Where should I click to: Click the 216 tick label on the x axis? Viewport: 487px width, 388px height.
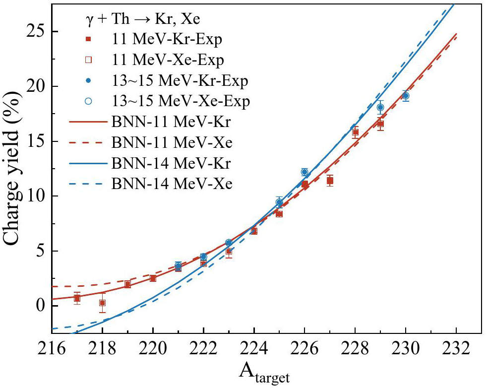[x=52, y=348]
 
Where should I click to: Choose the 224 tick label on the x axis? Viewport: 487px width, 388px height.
[x=254, y=348]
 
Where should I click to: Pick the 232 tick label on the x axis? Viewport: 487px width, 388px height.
[x=456, y=348]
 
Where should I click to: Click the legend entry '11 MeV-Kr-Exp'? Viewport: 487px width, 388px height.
[x=154, y=39]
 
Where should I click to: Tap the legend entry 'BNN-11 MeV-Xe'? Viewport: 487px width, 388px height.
[x=151, y=142]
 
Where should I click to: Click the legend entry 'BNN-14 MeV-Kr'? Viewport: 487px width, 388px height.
[x=150, y=163]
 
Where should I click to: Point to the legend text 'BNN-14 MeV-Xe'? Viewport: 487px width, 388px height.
[x=172, y=184]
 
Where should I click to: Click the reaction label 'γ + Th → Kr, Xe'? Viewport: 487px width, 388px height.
[x=143, y=19]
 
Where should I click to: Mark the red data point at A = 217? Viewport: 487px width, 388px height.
[x=77, y=298]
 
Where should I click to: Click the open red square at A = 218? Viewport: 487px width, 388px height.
[x=102, y=303]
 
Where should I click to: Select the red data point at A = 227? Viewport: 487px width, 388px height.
[x=330, y=181]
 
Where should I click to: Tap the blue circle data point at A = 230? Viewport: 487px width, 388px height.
[x=405, y=96]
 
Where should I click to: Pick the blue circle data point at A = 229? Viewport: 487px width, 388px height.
[x=380, y=107]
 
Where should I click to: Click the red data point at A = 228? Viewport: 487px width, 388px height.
[x=355, y=132]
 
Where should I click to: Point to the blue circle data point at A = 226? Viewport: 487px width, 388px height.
[x=304, y=172]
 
